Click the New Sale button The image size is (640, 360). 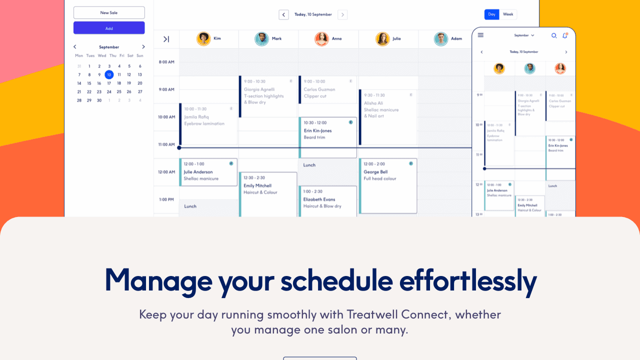click(109, 12)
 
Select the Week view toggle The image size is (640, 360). click(508, 14)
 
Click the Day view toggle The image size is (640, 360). click(491, 14)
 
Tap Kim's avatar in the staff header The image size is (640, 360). click(203, 39)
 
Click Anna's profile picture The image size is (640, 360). click(321, 39)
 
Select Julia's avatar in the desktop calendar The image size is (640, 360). click(382, 39)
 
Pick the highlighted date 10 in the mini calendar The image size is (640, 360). click(109, 74)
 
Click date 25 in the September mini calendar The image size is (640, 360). click(119, 92)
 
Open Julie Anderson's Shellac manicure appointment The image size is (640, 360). click(208, 172)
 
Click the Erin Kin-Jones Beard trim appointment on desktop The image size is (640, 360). click(328, 131)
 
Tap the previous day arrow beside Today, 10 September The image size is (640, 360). click(283, 15)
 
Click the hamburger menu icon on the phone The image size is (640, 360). click(480, 35)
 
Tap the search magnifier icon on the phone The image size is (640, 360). click(553, 35)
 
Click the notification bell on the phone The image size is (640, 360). click(565, 35)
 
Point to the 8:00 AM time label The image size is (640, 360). click(166, 62)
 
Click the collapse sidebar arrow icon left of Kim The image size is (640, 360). click(166, 39)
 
